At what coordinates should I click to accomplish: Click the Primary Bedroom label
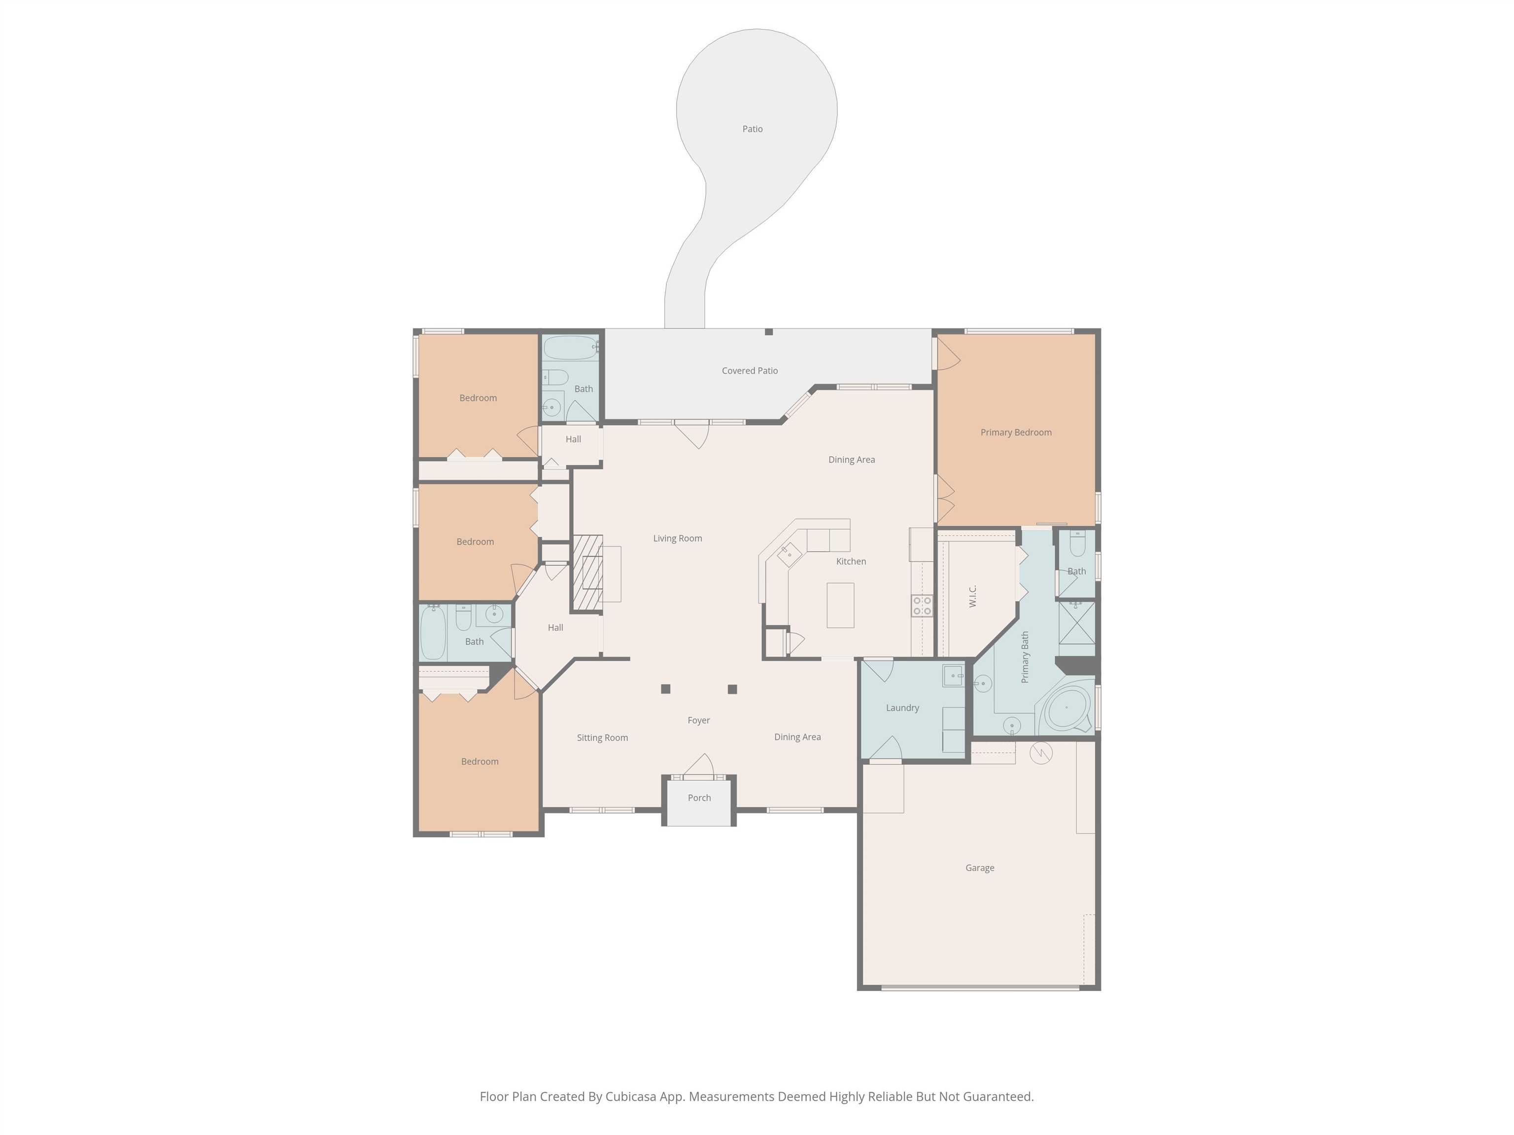(x=1016, y=433)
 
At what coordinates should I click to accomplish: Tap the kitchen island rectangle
(x=840, y=605)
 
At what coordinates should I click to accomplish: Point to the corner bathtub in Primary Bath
(x=1066, y=708)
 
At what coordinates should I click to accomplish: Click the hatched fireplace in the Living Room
(x=587, y=572)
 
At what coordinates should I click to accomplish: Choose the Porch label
(x=699, y=798)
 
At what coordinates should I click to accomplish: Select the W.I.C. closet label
(x=972, y=596)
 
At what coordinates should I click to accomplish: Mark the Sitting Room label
(x=602, y=737)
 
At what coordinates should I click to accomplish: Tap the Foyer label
(x=699, y=720)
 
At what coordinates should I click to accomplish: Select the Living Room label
(x=678, y=538)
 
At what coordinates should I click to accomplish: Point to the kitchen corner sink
(x=789, y=555)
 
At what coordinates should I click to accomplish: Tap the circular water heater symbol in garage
(x=1041, y=753)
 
